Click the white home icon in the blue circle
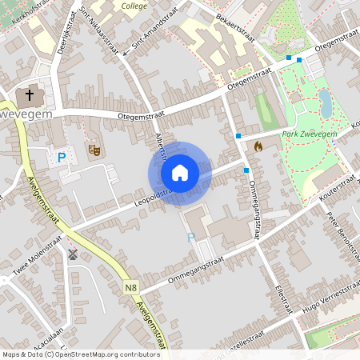click(x=180, y=173)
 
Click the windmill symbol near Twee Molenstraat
click(x=73, y=255)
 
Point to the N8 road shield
click(x=131, y=286)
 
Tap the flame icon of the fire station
click(x=258, y=146)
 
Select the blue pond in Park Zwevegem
click(x=325, y=102)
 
